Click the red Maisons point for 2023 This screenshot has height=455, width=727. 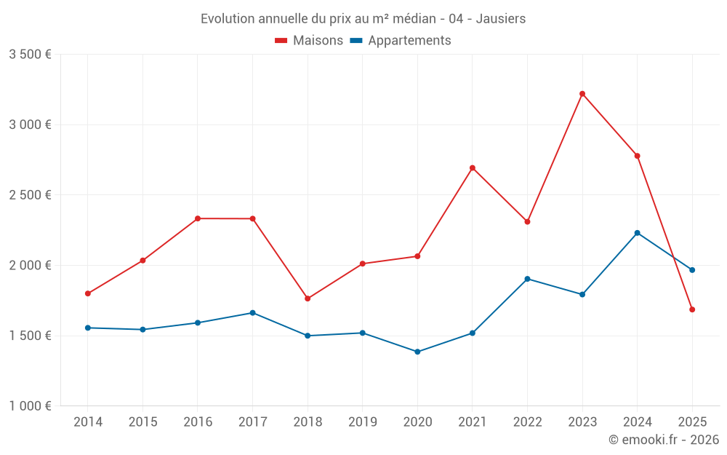[x=582, y=94]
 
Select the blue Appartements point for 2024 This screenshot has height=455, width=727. [x=638, y=233]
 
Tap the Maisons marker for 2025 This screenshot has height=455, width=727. [x=692, y=309]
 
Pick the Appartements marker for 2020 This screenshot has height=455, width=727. [x=417, y=352]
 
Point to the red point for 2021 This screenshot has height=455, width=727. [x=473, y=168]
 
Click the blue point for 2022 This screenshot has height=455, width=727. [x=527, y=279]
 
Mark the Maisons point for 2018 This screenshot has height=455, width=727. [x=308, y=298]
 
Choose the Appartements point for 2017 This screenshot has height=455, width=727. [x=252, y=313]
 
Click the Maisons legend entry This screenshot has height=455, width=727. [x=309, y=41]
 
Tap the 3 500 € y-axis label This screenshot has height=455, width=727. [x=30, y=55]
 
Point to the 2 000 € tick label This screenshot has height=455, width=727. [x=30, y=266]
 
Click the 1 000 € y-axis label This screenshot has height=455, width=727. [x=30, y=406]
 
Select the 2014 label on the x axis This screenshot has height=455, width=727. [x=88, y=422]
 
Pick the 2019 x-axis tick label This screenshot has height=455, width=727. [x=362, y=422]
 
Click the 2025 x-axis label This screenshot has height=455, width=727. [x=692, y=422]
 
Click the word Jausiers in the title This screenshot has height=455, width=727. [x=501, y=19]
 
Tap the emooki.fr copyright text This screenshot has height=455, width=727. [x=664, y=440]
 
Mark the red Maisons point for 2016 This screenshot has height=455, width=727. [x=198, y=218]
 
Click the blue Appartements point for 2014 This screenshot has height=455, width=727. [x=88, y=328]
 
